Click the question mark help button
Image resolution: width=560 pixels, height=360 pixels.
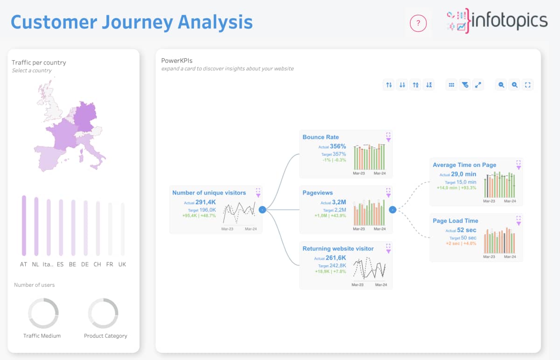[x=418, y=23]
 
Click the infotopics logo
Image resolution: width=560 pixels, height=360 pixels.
[x=497, y=21]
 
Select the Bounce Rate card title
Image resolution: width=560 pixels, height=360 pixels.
[x=321, y=137]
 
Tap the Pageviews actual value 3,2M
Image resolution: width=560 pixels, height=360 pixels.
[x=339, y=202]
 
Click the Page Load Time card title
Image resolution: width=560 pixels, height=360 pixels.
[x=455, y=221]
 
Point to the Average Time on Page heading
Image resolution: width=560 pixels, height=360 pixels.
[x=464, y=165]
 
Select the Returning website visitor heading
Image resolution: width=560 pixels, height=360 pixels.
[x=338, y=249]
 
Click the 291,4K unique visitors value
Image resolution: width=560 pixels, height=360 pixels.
[x=205, y=202]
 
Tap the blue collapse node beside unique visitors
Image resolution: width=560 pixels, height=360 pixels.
[x=262, y=209]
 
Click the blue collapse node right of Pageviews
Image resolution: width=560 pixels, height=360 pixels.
[x=392, y=209]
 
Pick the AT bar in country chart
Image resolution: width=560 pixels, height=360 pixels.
[x=24, y=226]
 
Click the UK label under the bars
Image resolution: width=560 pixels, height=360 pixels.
[x=122, y=264]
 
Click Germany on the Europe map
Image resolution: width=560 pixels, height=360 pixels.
[x=85, y=116]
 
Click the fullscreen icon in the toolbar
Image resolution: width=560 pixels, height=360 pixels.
[x=527, y=85]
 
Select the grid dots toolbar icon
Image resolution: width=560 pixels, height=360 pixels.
[x=451, y=85]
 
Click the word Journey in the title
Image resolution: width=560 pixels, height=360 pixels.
[x=138, y=23]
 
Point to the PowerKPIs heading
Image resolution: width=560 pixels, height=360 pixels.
[x=177, y=61]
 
